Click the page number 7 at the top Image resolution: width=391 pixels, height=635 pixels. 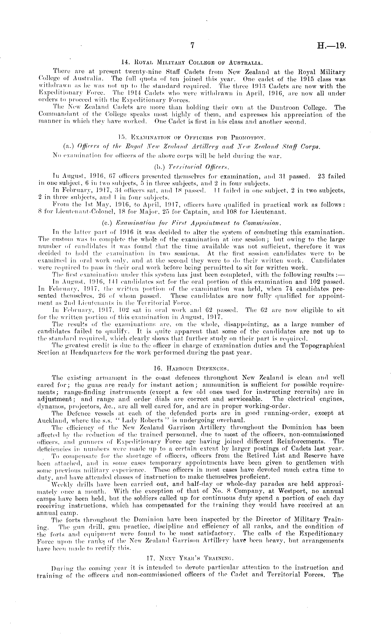192,46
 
